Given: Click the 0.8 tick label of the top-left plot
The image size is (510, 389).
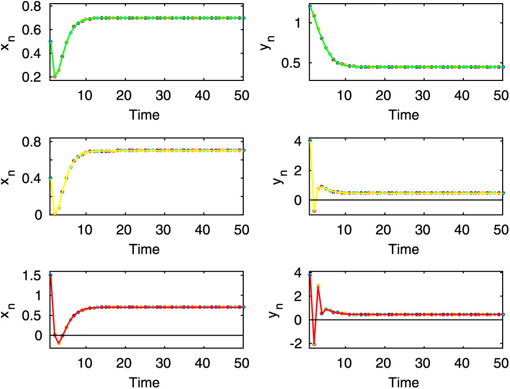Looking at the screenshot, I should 33,7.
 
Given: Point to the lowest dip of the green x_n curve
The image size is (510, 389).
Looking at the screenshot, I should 54,77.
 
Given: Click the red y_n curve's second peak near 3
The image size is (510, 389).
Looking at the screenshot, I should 319,286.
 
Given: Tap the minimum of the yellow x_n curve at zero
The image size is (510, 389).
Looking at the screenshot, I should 54,214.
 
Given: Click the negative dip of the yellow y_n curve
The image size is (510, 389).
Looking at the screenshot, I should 314,211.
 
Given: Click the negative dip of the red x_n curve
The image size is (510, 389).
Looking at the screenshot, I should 59,343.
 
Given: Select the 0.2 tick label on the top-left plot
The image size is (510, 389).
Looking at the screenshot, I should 33,77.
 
